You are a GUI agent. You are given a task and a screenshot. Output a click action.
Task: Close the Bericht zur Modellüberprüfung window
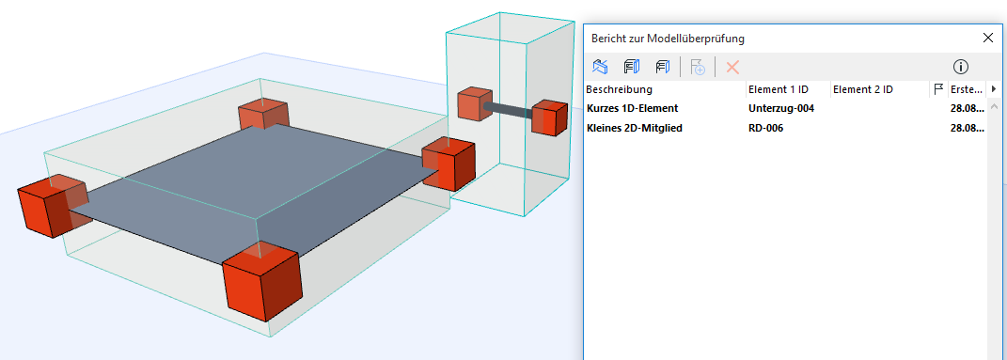pyautogui.click(x=988, y=38)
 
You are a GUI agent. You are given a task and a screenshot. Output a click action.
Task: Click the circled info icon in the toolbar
pyautogui.click(x=961, y=66)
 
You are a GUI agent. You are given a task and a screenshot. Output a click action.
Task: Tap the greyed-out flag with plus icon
pyautogui.click(x=698, y=66)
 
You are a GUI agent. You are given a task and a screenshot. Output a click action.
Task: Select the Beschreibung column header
pyautogui.click(x=619, y=89)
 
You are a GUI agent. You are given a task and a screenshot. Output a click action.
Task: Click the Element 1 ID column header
pyautogui.click(x=779, y=89)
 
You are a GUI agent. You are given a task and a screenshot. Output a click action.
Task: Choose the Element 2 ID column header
pyautogui.click(x=862, y=89)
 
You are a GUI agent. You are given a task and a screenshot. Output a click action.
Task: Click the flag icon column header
pyautogui.click(x=938, y=90)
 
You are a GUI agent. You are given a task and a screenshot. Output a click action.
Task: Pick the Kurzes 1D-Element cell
pyautogui.click(x=632, y=108)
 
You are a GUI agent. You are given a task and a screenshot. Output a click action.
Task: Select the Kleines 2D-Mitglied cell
pyautogui.click(x=635, y=128)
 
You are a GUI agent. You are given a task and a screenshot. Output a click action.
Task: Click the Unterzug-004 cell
pyautogui.click(x=781, y=108)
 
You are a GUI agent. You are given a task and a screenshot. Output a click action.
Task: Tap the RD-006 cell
pyautogui.click(x=765, y=128)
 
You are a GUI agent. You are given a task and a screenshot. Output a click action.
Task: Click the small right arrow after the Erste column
pyautogui.click(x=994, y=89)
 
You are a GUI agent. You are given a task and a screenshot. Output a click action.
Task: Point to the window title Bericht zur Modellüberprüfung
pyautogui.click(x=668, y=39)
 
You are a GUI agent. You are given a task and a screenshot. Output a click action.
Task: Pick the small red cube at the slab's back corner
pyautogui.click(x=263, y=115)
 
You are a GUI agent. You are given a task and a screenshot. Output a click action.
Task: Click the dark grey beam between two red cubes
pyautogui.click(x=508, y=109)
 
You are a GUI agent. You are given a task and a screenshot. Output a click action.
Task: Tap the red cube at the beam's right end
pyautogui.click(x=549, y=117)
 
